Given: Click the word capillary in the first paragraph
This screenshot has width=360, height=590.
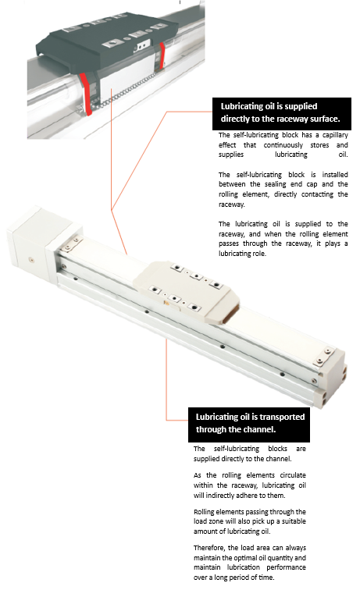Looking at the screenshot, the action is pyautogui.click(x=335, y=135).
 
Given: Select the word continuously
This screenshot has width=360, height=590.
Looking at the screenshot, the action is pyautogui.click(x=283, y=145).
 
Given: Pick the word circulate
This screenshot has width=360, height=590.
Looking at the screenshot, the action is pyautogui.click(x=292, y=475).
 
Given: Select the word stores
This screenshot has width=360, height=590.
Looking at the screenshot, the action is pyautogui.click(x=319, y=145).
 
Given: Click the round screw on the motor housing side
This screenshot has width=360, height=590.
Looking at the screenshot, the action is pyautogui.click(x=32, y=260).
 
